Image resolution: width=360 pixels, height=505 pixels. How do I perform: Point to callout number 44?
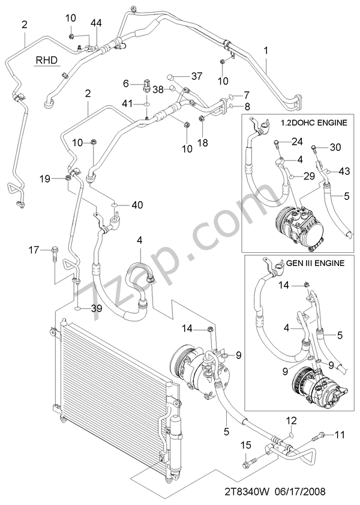click(96, 23)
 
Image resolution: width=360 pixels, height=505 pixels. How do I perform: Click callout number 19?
click(46, 178)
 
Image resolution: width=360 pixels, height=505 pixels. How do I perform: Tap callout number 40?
click(137, 205)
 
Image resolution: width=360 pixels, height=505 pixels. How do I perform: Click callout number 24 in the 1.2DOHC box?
click(297, 142)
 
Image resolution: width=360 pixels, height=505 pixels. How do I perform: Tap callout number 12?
click(290, 420)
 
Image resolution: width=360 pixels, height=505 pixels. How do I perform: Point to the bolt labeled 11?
click(323, 434)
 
